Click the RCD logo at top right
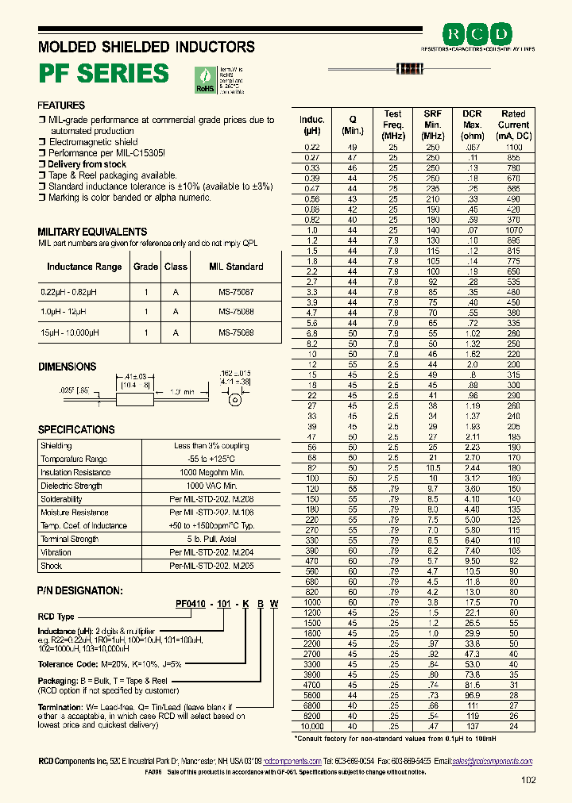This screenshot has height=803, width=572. [x=477, y=33]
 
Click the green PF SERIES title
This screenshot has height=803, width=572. [x=104, y=73]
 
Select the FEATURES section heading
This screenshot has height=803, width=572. [x=61, y=106]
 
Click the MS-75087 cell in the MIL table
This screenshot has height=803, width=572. [x=236, y=291]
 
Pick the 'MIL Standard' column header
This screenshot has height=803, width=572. [x=236, y=267]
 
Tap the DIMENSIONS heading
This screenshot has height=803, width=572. [x=68, y=367]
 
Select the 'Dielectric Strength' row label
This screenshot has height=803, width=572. [x=71, y=486]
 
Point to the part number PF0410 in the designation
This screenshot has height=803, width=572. [x=191, y=603]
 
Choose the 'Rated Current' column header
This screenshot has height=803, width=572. [x=513, y=125]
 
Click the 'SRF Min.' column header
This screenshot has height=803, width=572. [x=432, y=125]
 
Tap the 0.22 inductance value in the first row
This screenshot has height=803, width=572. [x=312, y=148]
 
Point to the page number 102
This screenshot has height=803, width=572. [x=528, y=780]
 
